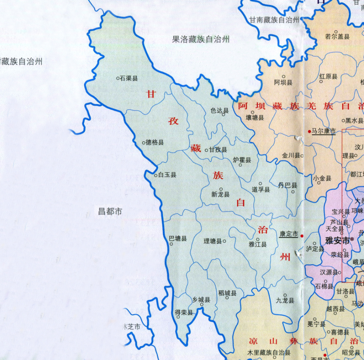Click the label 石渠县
[129, 79]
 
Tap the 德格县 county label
[155, 143]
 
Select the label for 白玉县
[167, 175]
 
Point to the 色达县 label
[220, 110]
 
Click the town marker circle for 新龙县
[221, 189]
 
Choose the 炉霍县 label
[242, 160]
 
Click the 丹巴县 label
[287, 185]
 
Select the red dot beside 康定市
[302, 236]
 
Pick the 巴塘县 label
[178, 238]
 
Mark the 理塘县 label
[212, 241]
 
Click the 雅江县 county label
[258, 244]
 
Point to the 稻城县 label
[227, 293]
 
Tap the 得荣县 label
[183, 312]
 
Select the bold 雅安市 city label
[337, 241]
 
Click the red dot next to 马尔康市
[309, 131]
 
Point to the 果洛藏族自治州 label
[201, 39]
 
